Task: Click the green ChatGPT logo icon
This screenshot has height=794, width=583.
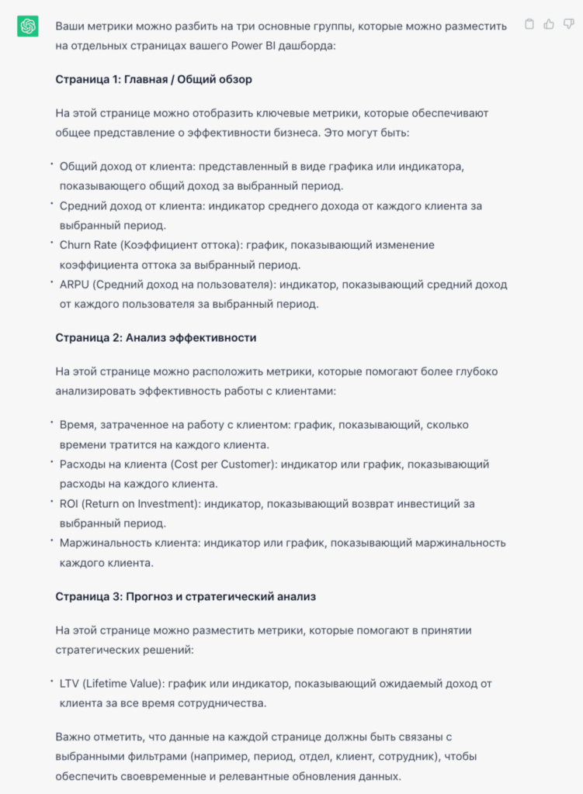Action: (x=28, y=26)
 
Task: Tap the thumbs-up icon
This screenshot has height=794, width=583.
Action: (x=549, y=24)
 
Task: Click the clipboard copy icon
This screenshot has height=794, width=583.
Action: (x=529, y=24)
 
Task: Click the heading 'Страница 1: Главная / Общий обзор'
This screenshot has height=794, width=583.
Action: (x=154, y=79)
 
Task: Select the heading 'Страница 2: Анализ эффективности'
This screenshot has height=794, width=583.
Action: (x=156, y=338)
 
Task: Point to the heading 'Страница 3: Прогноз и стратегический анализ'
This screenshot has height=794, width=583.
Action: (x=186, y=597)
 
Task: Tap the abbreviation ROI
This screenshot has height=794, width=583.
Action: (x=69, y=504)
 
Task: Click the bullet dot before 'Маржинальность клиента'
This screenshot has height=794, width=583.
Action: (x=51, y=540)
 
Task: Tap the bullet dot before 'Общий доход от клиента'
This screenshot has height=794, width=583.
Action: (x=51, y=164)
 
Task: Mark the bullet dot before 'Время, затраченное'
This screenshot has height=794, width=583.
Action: (x=51, y=423)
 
